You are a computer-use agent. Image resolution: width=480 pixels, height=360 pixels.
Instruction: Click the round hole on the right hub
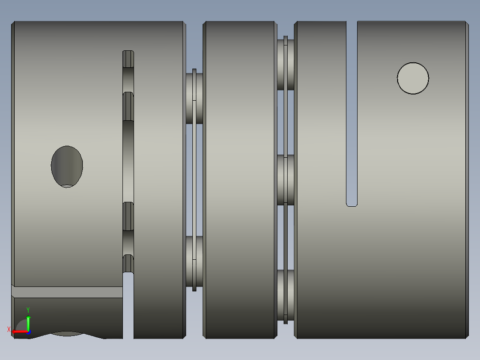[413, 78]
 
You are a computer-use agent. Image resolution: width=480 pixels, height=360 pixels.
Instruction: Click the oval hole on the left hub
[67, 166]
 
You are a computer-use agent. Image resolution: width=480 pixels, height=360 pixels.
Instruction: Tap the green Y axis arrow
[28, 322]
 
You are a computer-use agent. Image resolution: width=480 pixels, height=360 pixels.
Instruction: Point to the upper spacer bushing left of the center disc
[194, 98]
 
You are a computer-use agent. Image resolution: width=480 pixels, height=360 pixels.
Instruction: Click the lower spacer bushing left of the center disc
[194, 261]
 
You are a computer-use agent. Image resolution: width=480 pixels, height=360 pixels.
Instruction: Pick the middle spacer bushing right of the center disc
[285, 180]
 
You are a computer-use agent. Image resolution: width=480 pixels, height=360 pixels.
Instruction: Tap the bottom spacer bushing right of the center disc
[285, 295]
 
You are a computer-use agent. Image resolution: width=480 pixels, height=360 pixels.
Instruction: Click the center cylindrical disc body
[240, 178]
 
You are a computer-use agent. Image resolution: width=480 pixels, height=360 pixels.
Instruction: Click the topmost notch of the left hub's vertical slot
[128, 58]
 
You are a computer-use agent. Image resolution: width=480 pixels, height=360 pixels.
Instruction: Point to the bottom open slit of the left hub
[128, 307]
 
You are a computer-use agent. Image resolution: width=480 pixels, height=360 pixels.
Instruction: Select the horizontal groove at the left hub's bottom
[67, 292]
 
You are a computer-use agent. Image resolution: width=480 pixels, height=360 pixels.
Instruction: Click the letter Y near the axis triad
[28, 310]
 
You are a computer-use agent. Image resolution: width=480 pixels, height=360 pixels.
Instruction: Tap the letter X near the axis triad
[9, 330]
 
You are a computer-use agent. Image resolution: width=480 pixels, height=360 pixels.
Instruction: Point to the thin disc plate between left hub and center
[194, 178]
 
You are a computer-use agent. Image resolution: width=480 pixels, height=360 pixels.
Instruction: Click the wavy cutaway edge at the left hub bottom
[67, 334]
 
